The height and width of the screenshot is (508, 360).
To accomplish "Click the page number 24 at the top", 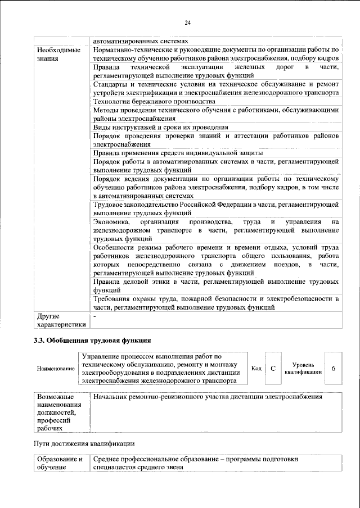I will pyautogui.click(x=187, y=22).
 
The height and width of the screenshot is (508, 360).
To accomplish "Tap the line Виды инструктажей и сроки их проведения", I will pyautogui.click(x=160, y=127).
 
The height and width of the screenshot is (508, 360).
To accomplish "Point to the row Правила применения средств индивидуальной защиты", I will pyautogui.click(x=177, y=153).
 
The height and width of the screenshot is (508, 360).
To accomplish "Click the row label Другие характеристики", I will pyautogui.click(x=61, y=320).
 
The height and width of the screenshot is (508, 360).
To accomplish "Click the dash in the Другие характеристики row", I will pyautogui.click(x=94, y=317).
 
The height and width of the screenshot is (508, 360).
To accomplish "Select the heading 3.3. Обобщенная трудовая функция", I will pyautogui.click(x=92, y=341).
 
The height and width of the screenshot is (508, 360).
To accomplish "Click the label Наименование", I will pyautogui.click(x=56, y=369).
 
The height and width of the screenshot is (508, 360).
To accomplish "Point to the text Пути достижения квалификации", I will pyautogui.click(x=84, y=444).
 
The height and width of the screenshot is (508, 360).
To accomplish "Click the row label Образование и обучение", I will pyautogui.click(x=60, y=463).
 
